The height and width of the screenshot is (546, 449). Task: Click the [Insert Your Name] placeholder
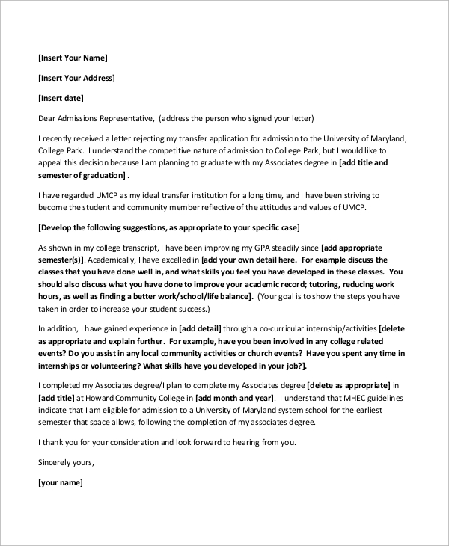(73, 58)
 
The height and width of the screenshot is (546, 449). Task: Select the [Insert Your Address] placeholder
(76, 78)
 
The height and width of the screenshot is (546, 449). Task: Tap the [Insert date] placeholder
(61, 98)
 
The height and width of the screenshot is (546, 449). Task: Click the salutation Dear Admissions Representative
(95, 118)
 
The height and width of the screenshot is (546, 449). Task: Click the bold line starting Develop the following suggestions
(168, 227)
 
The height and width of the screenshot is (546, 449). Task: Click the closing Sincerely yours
(66, 462)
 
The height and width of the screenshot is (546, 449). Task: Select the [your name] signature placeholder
(60, 482)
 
